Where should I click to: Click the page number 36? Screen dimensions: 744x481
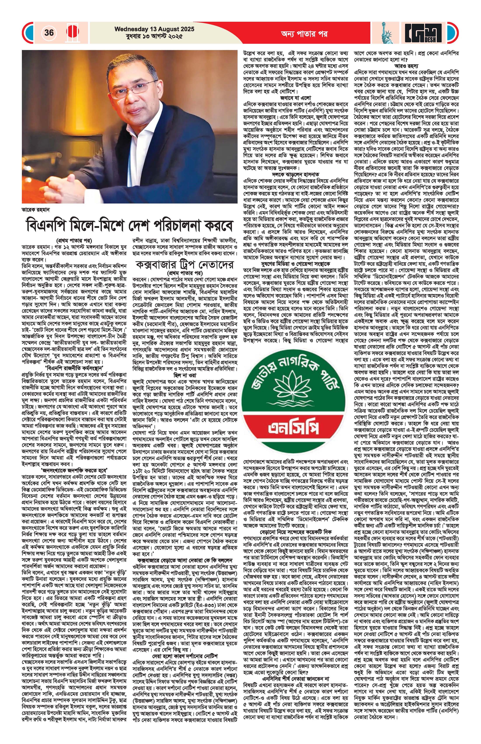pos(49,33)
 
